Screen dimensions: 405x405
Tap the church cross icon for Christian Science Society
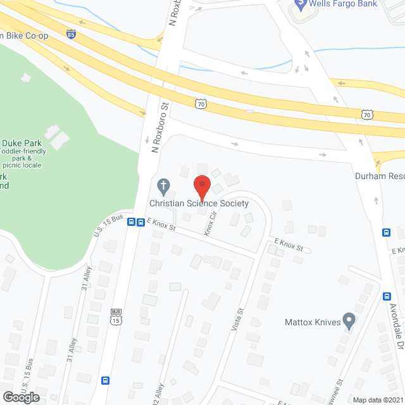(x=163, y=186)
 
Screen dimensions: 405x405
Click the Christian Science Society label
(x=199, y=203)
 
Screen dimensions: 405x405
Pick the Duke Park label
(x=22, y=142)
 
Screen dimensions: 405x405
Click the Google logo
(x=20, y=397)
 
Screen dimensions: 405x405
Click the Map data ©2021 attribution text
(x=377, y=399)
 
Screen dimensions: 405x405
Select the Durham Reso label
(x=379, y=176)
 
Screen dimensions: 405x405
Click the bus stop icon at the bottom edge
(x=106, y=381)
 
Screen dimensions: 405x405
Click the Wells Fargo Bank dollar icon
(x=299, y=6)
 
